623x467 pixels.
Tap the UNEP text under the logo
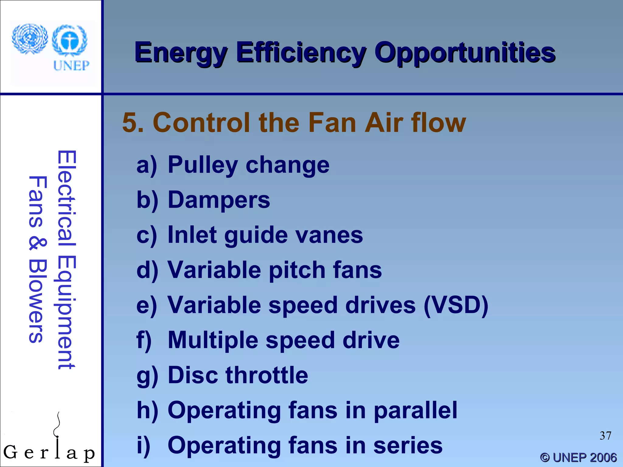click(71, 65)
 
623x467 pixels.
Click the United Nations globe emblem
click(30, 39)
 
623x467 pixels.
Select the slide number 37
click(605, 436)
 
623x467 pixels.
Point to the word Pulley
click(203, 165)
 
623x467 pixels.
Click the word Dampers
click(219, 200)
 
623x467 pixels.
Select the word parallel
click(415, 410)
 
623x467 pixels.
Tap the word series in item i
click(408, 445)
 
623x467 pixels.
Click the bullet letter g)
click(147, 376)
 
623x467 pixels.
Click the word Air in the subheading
click(384, 123)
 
